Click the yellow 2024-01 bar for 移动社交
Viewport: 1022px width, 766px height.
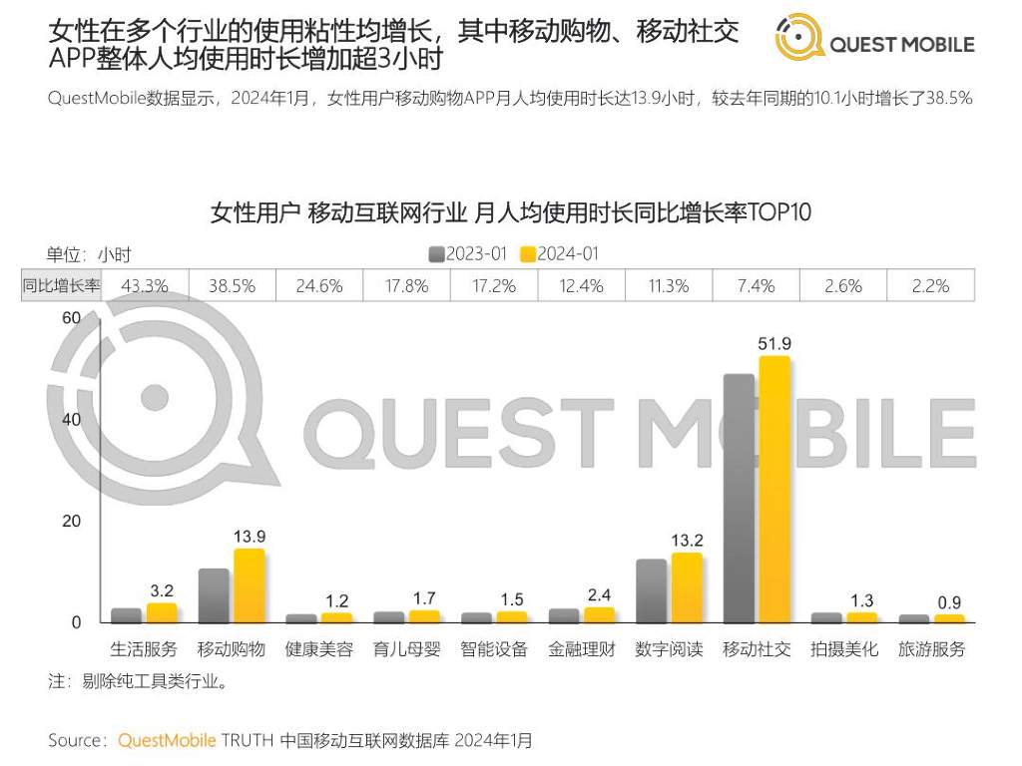point(774,489)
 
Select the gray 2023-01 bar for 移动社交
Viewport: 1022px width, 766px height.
point(740,499)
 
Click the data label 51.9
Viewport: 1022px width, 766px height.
point(774,344)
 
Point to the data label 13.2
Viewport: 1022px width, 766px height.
point(687,541)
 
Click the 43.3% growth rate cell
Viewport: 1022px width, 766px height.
point(145,286)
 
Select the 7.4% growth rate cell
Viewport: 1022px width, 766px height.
point(757,286)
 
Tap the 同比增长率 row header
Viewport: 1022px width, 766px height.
point(62,286)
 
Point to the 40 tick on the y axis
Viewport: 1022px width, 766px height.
point(70,420)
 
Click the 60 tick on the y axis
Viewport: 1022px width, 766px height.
point(70,318)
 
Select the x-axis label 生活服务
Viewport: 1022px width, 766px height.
point(144,649)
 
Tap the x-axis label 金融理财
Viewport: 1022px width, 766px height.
point(582,649)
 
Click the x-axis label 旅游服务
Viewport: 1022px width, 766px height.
point(931,649)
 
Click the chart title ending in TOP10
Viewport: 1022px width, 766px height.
point(511,213)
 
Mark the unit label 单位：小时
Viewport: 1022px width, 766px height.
point(89,254)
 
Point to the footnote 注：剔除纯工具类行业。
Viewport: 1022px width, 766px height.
point(139,683)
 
